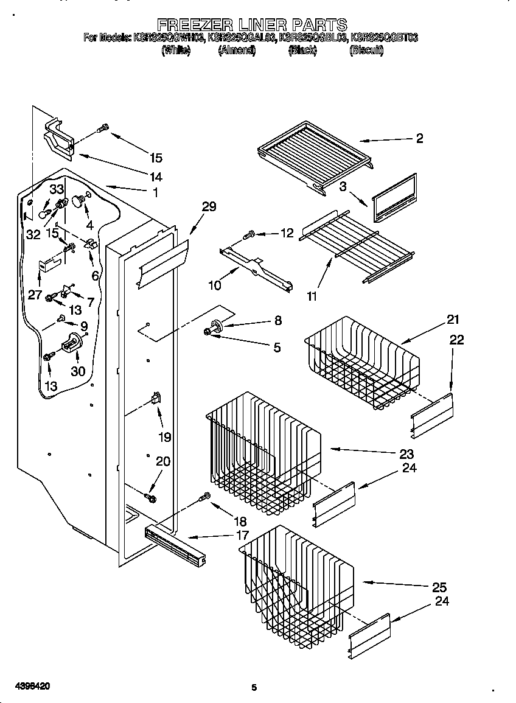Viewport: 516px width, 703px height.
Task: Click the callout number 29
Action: pyautogui.click(x=209, y=207)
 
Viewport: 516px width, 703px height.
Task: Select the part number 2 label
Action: pyautogui.click(x=419, y=138)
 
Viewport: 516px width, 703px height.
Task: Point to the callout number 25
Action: pyautogui.click(x=439, y=587)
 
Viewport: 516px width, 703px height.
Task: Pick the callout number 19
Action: pyautogui.click(x=164, y=436)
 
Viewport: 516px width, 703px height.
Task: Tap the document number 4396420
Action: pyautogui.click(x=26, y=686)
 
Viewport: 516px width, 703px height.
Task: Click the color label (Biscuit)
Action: pyautogui.click(x=366, y=51)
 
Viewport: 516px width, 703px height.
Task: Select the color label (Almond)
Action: pyautogui.click(x=236, y=51)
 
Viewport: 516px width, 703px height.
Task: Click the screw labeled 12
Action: pyautogui.click(x=249, y=234)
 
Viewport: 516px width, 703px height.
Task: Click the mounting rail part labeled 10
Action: pyautogui.click(x=256, y=267)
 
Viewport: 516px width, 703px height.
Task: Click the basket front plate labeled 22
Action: pyautogui.click(x=432, y=414)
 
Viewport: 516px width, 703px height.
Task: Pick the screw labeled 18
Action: pyautogui.click(x=205, y=497)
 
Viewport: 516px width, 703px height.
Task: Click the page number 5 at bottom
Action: pyautogui.click(x=254, y=688)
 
